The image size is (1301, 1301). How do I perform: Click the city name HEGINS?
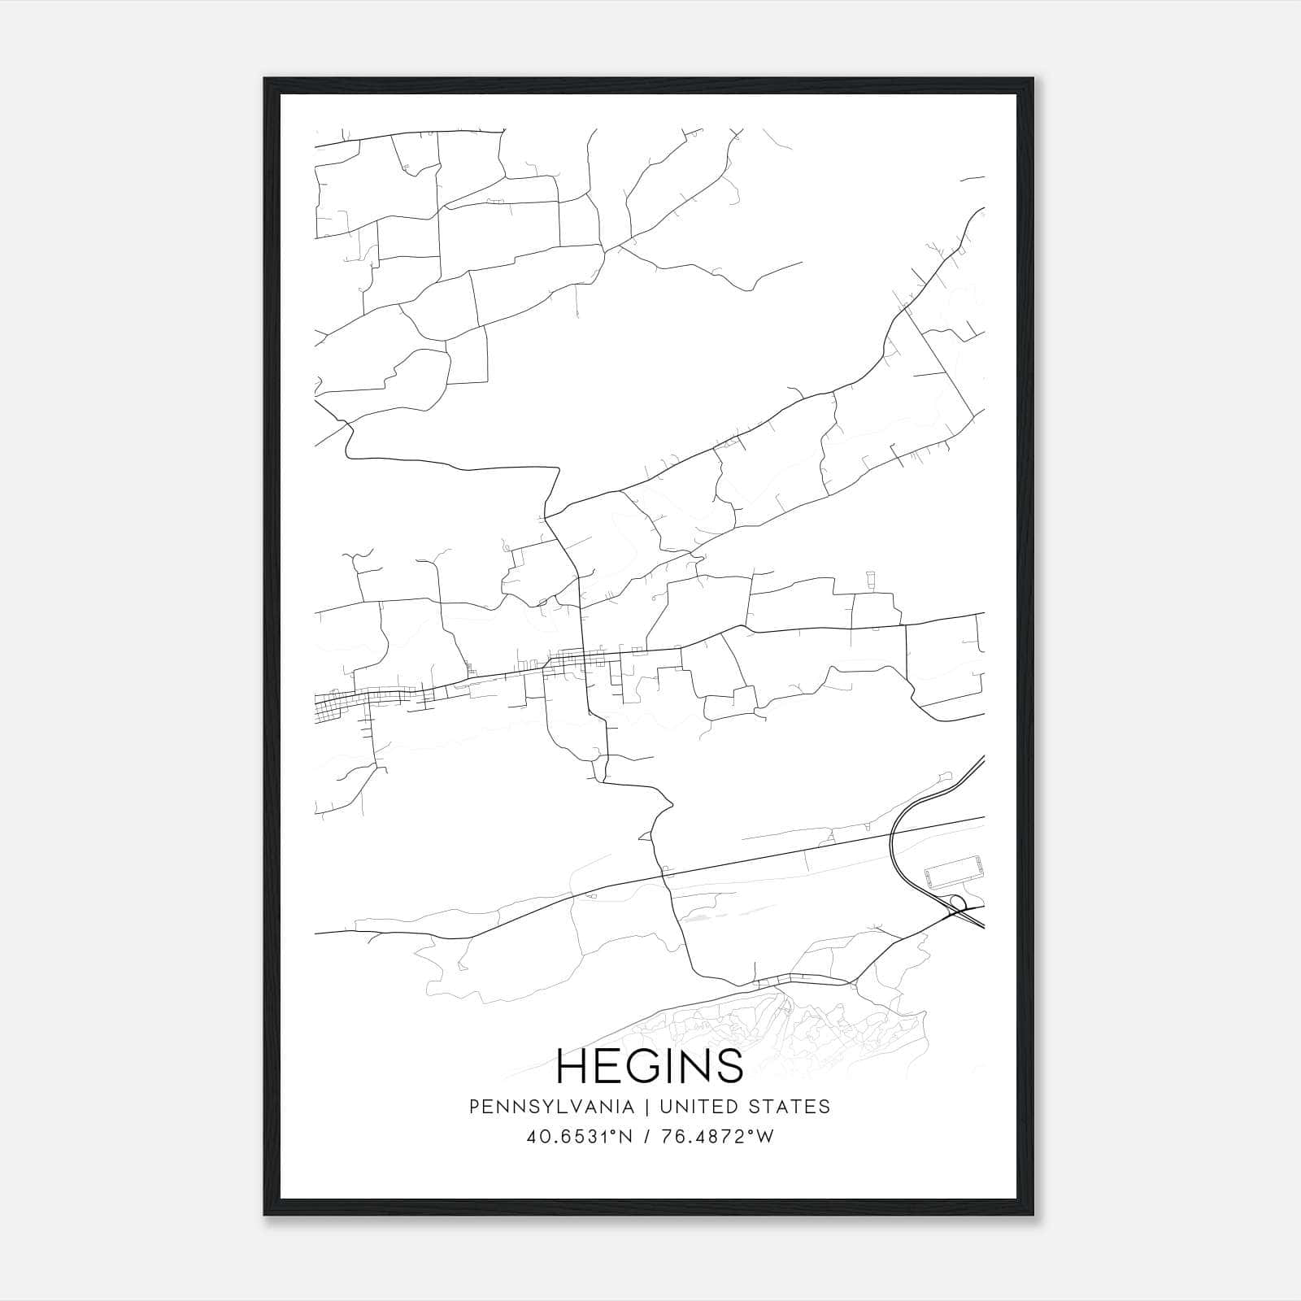point(650,1065)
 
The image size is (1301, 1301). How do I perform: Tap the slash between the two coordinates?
point(646,1137)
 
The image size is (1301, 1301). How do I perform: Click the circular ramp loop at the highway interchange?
point(958,902)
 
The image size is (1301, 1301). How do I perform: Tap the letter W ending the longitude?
point(764,1136)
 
